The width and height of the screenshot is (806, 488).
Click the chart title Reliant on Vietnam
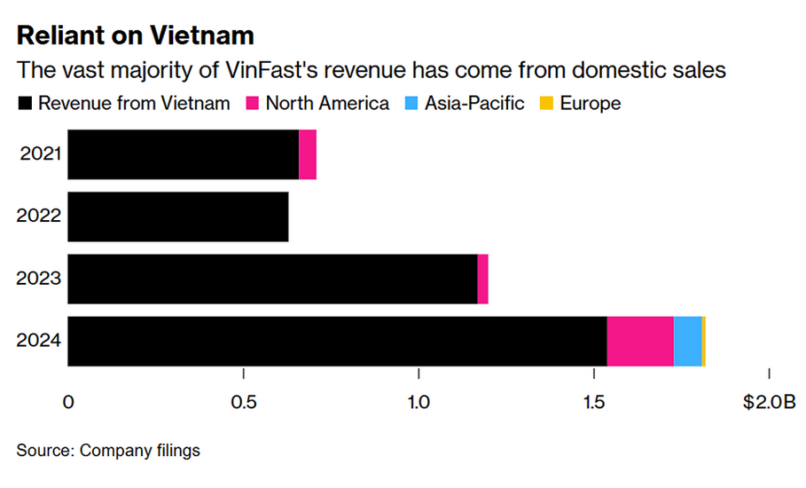[136, 35]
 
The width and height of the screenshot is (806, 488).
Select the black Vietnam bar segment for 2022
[178, 216]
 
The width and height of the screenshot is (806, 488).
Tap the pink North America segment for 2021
[308, 154]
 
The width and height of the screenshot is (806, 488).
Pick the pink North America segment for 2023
[482, 279]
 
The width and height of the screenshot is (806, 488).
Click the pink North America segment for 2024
[640, 341]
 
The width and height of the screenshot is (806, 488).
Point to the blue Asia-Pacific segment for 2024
[687, 341]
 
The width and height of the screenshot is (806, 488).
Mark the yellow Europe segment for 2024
[703, 341]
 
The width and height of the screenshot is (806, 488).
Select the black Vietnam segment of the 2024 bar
[337, 341]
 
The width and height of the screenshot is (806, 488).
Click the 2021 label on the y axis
[40, 154]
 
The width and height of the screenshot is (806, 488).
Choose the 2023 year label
[40, 279]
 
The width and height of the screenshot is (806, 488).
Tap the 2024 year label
[40, 341]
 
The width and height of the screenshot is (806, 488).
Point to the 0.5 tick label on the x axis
[243, 402]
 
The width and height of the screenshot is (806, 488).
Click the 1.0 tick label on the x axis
[419, 402]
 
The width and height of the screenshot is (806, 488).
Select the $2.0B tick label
[768, 402]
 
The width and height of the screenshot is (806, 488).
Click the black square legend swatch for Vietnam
[25, 104]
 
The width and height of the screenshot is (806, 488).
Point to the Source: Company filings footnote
[108, 451]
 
